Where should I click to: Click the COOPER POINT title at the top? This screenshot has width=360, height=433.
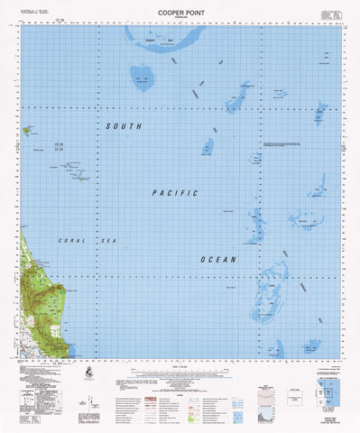181,7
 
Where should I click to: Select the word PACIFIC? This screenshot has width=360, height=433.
174,193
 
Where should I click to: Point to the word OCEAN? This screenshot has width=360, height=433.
218,260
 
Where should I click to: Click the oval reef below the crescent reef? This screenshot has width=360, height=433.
143,78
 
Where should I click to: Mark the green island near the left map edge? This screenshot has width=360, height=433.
30,132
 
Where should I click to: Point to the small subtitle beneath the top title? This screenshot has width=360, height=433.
181,15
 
